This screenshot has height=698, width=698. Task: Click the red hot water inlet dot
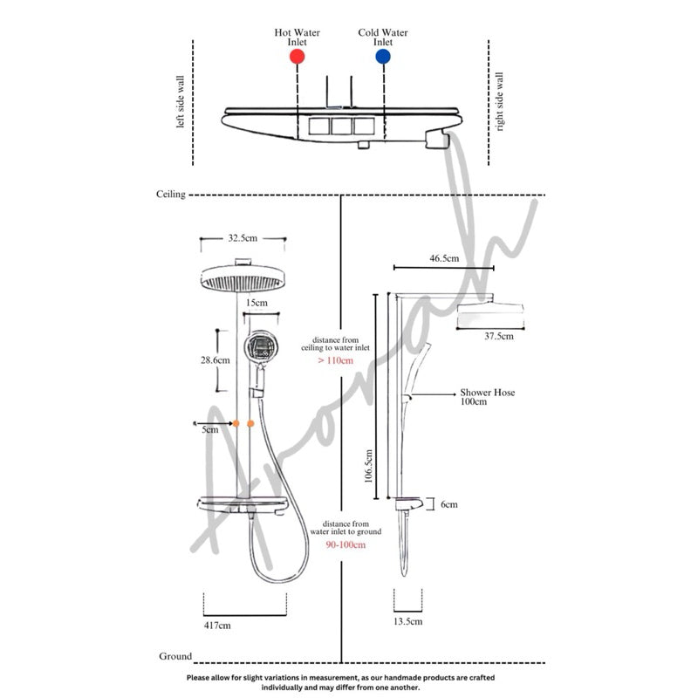(297, 56)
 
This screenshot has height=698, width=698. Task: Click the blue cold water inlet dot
(383, 56)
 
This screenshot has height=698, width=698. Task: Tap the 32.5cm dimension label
(242, 237)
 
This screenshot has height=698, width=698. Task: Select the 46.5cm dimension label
(444, 258)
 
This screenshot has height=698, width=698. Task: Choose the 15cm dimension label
(256, 302)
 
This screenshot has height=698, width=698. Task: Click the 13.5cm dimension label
(407, 621)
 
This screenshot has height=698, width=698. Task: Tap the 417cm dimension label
(217, 625)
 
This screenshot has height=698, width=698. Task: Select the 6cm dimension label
(448, 504)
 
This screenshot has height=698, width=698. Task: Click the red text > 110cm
(335, 359)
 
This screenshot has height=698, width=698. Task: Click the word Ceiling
(170, 195)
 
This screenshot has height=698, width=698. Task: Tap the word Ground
(175, 655)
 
